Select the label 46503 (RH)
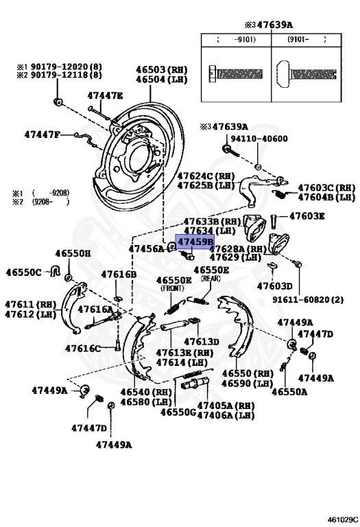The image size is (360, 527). coord(161,69)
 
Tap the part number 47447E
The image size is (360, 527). coord(104,96)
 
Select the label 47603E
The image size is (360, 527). coord(307,216)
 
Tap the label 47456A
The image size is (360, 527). coord(146,248)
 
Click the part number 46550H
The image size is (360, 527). coord(73,253)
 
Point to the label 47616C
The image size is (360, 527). coord(83,349)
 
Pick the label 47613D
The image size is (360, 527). coord(200,342)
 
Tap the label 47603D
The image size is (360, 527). coord(275,285)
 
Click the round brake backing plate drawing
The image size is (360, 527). coord(144,158)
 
